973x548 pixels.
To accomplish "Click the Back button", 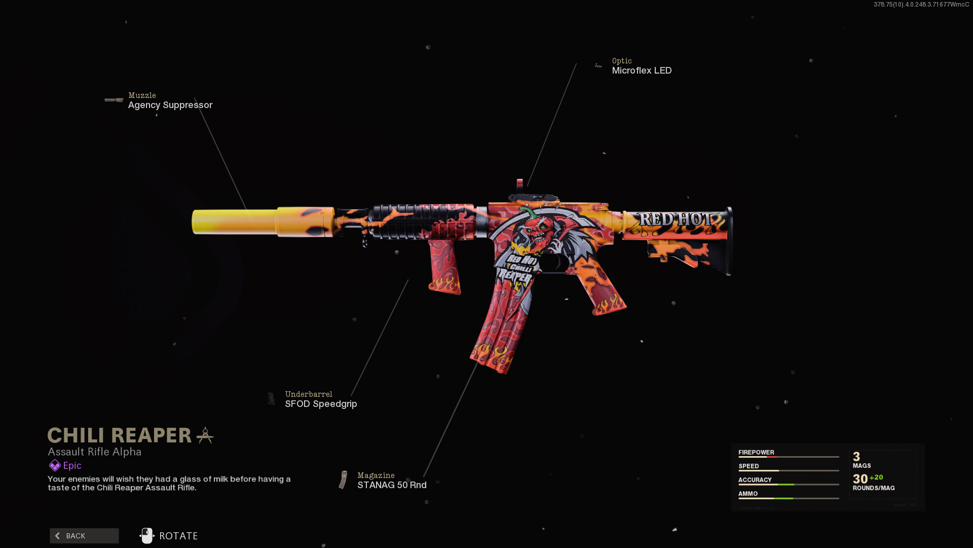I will (x=84, y=536).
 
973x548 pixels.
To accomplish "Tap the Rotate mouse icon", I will (x=147, y=536).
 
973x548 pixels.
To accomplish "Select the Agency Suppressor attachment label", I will (x=170, y=105).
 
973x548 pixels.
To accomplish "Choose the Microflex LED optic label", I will (x=642, y=71).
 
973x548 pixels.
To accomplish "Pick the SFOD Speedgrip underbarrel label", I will (x=321, y=404).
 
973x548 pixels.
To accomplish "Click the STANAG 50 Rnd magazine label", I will (x=392, y=485).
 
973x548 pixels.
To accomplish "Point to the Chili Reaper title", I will (x=120, y=435).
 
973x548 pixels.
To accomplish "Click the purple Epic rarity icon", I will (x=55, y=465).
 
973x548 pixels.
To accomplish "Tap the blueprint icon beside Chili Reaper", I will (x=205, y=435).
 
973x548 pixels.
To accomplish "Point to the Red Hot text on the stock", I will (x=675, y=219).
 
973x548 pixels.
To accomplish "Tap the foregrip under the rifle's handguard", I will (x=444, y=266).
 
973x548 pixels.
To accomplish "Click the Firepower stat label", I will (x=756, y=452).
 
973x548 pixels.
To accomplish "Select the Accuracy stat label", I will (x=755, y=479).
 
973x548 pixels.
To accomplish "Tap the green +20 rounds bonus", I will (x=876, y=477).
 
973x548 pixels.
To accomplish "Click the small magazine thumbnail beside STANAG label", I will (x=344, y=480).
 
